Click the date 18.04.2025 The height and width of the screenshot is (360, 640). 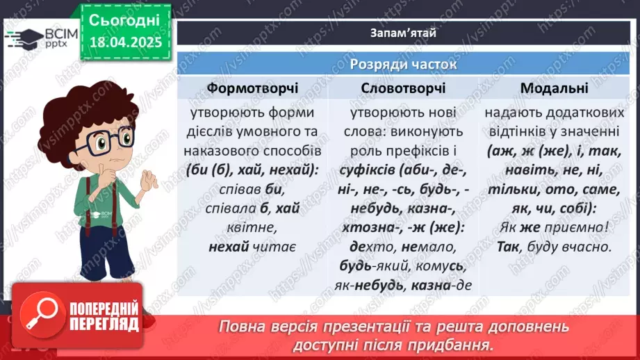click(x=125, y=42)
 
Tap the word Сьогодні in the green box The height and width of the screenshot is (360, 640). click(x=124, y=20)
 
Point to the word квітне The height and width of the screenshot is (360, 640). click(x=253, y=227)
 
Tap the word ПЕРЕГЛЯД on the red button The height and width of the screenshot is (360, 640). click(x=102, y=324)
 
